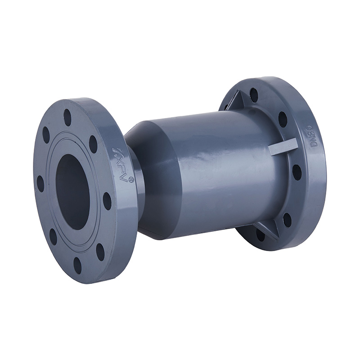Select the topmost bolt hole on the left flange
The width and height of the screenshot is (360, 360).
(x=67, y=117)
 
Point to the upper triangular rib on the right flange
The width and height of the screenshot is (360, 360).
(x=237, y=99)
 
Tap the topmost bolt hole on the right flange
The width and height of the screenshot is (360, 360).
(x=254, y=95)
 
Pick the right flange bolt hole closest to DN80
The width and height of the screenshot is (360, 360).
(x=283, y=119)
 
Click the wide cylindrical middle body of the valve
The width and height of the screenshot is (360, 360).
(x=211, y=171)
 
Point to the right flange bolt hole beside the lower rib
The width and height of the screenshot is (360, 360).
(x=287, y=220)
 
